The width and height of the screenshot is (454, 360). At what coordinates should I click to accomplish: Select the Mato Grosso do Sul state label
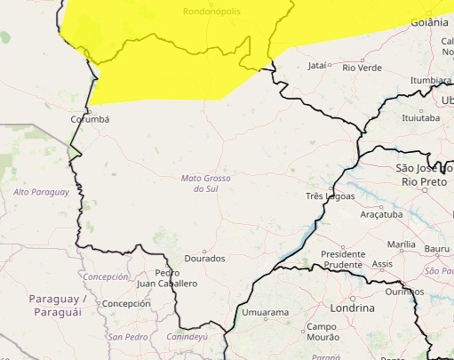tap(205, 184)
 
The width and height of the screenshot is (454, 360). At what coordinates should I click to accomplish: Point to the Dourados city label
tap(204, 259)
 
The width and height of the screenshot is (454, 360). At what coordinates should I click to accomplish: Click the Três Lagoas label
tap(330, 196)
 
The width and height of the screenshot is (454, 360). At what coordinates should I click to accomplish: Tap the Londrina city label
tap(351, 307)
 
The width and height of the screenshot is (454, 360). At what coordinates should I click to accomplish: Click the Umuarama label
tap(266, 313)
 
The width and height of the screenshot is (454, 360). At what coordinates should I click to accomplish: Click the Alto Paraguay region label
tap(41, 192)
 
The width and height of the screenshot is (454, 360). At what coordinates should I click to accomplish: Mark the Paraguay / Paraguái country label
tap(58, 305)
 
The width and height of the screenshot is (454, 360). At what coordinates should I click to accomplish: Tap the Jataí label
tap(316, 66)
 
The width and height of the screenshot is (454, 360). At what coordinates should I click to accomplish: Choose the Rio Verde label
tap(362, 67)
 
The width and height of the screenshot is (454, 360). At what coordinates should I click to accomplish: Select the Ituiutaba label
tap(420, 117)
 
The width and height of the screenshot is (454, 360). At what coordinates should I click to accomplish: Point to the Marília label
tap(402, 244)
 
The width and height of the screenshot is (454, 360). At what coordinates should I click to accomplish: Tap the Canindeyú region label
tap(186, 337)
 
